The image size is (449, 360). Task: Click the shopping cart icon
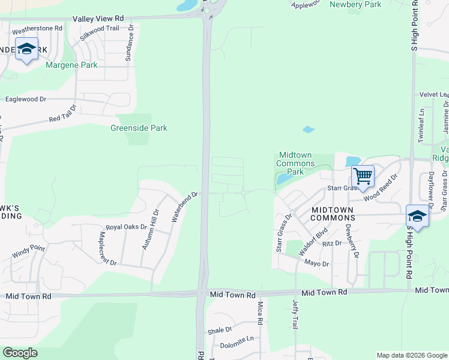pyautogui.click(x=363, y=176)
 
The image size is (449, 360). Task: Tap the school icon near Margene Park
pyautogui.click(x=26, y=49)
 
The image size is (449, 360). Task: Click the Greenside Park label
pyautogui.click(x=139, y=128)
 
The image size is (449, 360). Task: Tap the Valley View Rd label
pyautogui.click(x=98, y=19)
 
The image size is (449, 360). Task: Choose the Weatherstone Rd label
pyautogui.click(x=37, y=28)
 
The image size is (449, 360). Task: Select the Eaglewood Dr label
pyautogui.click(x=26, y=99)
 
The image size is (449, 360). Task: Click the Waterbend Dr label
pyautogui.click(x=184, y=207)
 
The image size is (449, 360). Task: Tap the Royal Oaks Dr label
pyautogui.click(x=126, y=227)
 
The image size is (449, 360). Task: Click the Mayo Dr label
pyautogui.click(x=316, y=263)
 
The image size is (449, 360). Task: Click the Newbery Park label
pyautogui.click(x=355, y=5)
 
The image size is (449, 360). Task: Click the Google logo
pyautogui.click(x=20, y=353)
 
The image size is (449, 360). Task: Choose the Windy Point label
pyautogui.click(x=28, y=253)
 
